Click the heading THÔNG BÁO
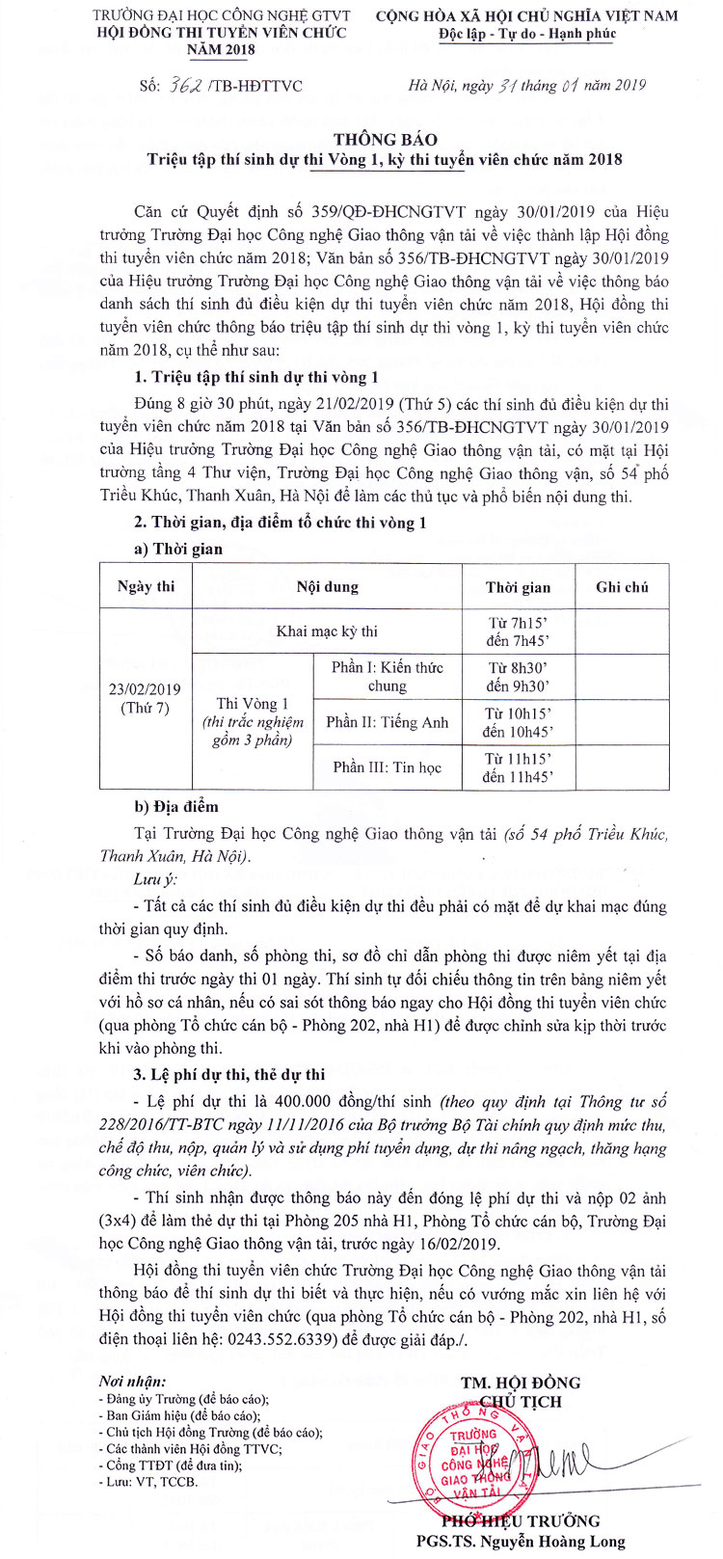[x=386, y=139]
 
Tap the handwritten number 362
[x=183, y=86]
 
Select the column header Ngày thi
[x=146, y=586]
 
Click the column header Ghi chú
[x=622, y=586]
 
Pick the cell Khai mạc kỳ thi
[x=327, y=632]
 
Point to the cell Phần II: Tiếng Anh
[x=387, y=722]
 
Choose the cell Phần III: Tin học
[x=387, y=767]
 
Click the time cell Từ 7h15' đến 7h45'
[x=518, y=632]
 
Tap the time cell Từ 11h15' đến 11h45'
[x=518, y=767]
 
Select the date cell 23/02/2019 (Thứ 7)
[x=146, y=698]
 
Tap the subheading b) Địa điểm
[x=176, y=806]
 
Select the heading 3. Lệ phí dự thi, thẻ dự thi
[x=229, y=1074]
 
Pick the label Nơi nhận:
[x=132, y=1382]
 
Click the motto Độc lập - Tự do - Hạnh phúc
[x=526, y=34]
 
